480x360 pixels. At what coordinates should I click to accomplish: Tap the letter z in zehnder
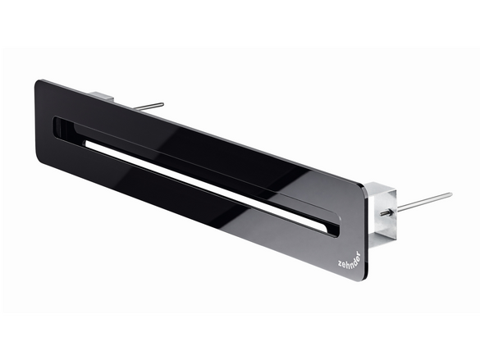tap(341, 263)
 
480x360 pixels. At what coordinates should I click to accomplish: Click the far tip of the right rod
tap(450, 194)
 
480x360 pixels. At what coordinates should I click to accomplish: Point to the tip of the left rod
tap(162, 104)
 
